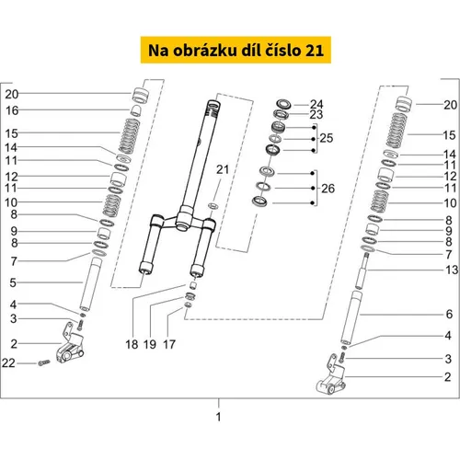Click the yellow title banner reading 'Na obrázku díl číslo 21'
coord(236,50)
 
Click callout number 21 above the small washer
coord(223,169)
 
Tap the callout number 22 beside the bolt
coord(8,363)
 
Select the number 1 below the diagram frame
coord(218,417)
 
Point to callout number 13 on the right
coord(452,270)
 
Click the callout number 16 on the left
coord(12,110)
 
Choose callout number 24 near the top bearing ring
coord(316,104)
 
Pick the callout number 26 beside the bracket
coord(328,189)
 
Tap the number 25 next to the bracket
coord(327,138)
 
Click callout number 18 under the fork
coord(132,344)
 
